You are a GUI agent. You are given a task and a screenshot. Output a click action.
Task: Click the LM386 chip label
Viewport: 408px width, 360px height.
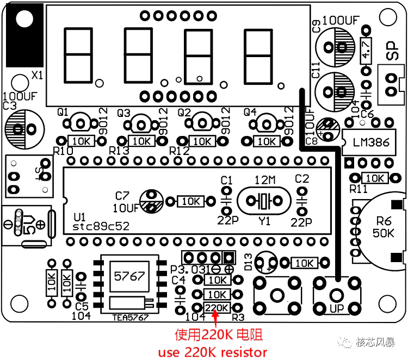pyautogui.click(x=371, y=142)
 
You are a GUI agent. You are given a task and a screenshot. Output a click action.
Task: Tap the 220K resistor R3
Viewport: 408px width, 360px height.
pyautogui.click(x=217, y=308)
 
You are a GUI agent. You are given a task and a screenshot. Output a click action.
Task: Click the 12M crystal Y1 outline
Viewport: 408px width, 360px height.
pyautogui.click(x=264, y=201)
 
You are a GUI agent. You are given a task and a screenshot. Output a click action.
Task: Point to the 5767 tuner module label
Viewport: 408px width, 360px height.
pyautogui.click(x=129, y=276)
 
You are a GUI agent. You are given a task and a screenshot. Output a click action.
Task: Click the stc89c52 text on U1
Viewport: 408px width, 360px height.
pyautogui.click(x=101, y=227)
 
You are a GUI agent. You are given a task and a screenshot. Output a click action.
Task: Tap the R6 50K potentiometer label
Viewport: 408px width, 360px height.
pyautogui.click(x=384, y=227)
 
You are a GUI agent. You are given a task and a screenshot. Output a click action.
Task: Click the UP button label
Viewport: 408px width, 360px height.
pyautogui.click(x=337, y=309)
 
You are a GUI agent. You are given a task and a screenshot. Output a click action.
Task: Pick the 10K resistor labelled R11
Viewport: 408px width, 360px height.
pyautogui.click(x=375, y=178)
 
